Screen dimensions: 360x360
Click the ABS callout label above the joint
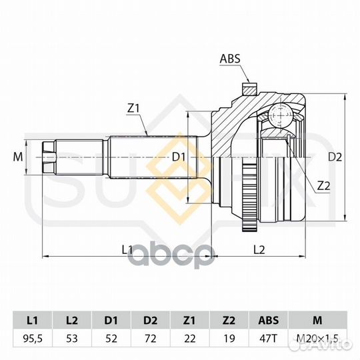[x=230, y=59]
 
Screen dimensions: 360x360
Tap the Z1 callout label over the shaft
[x=133, y=109]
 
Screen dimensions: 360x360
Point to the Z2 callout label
[x=323, y=186]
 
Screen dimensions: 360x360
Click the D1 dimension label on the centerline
[x=179, y=157]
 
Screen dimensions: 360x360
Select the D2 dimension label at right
[x=335, y=157]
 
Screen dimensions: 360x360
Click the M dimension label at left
[x=18, y=157]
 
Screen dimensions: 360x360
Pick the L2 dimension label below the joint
[x=259, y=249]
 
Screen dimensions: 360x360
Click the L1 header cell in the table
[x=33, y=320]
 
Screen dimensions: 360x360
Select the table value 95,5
[x=33, y=339]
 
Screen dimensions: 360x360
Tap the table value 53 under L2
[x=72, y=339]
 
